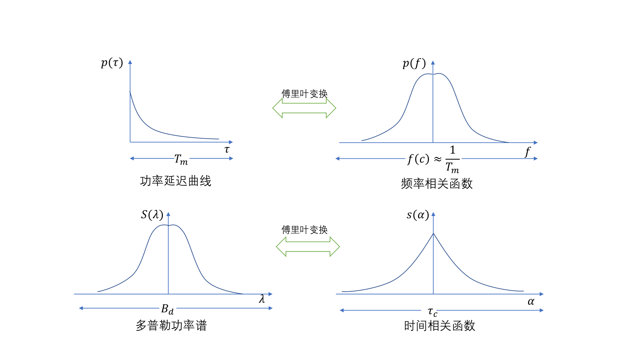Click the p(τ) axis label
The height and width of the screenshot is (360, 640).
[112, 63]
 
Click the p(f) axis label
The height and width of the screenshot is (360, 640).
[414, 63]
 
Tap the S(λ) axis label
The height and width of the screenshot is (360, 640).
[152, 214]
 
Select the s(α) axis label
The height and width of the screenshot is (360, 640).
[418, 215]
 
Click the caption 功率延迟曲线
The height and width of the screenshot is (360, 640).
[176, 181]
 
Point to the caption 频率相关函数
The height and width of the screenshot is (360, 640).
[437, 184]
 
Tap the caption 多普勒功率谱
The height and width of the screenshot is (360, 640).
[171, 325]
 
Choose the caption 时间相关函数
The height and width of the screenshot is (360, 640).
[439, 326]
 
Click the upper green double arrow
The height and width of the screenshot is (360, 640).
[304, 108]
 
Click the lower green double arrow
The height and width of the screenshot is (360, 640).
[308, 247]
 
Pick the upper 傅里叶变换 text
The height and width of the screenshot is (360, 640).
[304, 94]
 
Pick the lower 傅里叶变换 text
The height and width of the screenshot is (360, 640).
[304, 229]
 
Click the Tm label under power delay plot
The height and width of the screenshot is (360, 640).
[181, 159]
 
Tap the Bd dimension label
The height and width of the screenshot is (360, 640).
[167, 309]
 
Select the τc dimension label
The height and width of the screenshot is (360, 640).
[432, 311]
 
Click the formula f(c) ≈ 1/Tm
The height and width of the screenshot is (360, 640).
[433, 159]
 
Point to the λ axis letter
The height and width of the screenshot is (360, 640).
[262, 299]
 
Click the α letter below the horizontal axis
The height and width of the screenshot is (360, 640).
[531, 301]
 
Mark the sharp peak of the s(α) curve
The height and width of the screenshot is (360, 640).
[433, 234]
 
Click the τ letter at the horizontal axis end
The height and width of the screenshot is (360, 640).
[227, 149]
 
